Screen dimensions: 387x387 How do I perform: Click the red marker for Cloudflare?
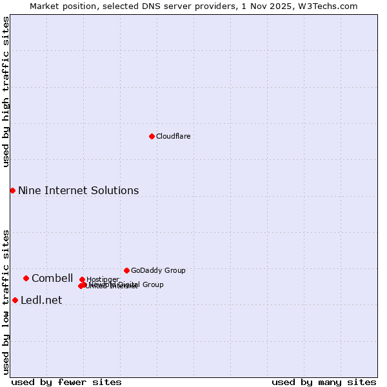152,136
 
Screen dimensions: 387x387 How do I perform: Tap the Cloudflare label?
173,136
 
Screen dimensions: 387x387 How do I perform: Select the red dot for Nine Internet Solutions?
12,190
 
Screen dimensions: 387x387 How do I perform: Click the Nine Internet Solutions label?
78,190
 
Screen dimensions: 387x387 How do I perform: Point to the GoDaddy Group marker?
126,270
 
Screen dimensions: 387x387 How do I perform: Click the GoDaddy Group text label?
158,270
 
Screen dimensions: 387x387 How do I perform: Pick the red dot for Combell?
26,278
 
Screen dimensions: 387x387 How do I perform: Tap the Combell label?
52,278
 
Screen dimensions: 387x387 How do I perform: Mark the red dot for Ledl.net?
15,300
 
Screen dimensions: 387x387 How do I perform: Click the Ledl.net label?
41,300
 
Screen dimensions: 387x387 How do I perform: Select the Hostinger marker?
82,279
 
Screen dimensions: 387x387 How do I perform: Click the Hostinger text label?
103,279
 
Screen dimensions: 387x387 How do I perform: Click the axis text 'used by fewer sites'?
66,382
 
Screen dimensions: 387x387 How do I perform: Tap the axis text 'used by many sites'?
324,382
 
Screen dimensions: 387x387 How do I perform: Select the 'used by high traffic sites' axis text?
6,92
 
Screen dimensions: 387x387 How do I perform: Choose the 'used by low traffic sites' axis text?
6,302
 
